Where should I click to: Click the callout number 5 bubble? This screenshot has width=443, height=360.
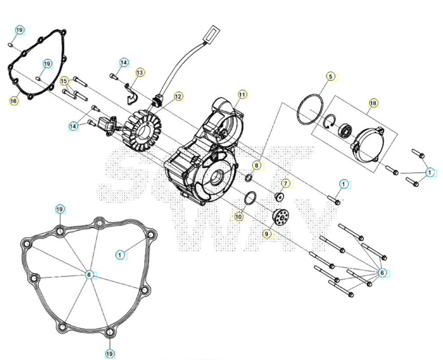click(331, 77)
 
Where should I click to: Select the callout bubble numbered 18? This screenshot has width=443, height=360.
click(373, 103)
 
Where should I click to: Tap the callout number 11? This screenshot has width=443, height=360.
click(242, 95)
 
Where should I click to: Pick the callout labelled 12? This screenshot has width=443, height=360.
click(178, 96)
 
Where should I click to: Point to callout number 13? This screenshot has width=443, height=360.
click(140, 73)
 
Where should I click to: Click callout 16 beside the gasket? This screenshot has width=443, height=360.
click(14, 101)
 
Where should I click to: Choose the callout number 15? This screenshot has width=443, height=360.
click(64, 81)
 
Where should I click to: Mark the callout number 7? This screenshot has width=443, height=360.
click(286, 184)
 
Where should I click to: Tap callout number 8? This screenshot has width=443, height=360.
click(256, 165)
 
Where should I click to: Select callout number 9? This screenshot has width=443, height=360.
click(267, 234)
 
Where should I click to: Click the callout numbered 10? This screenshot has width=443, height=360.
click(239, 217)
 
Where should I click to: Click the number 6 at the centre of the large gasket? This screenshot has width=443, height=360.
click(89, 275)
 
